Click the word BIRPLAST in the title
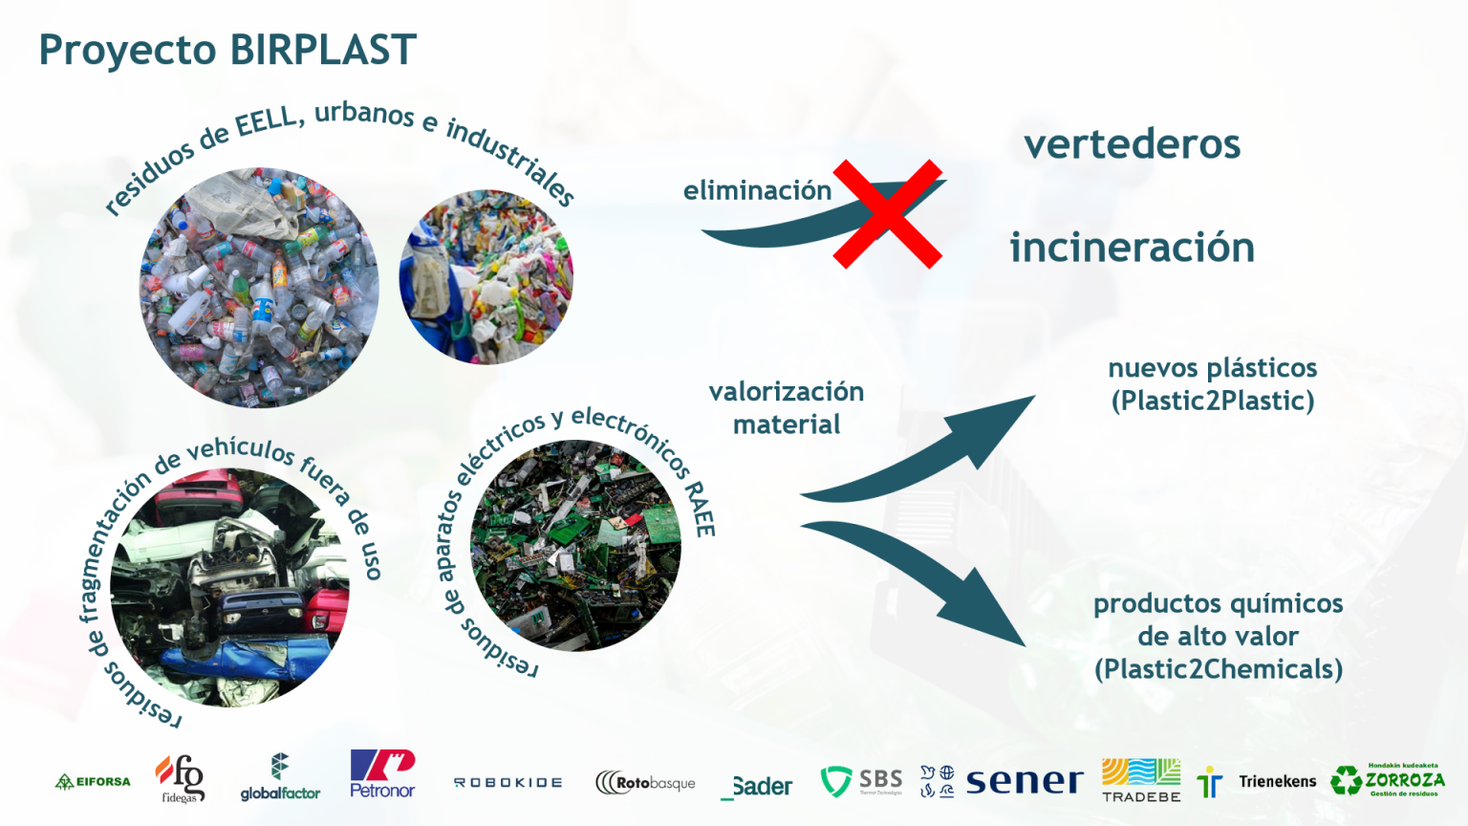[323, 50]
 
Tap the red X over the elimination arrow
[887, 214]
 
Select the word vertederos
[1132, 144]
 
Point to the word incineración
[1132, 248]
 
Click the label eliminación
[757, 190]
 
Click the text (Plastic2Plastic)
[1212, 401]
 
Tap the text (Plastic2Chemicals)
[1218, 669]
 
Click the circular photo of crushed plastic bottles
[259, 288]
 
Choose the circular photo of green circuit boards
[575, 545]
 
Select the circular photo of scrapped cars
[229, 587]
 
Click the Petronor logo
[382, 774]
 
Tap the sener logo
[1024, 781]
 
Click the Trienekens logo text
[1277, 781]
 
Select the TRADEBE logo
[1141, 780]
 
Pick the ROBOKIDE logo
[507, 782]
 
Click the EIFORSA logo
[93, 781]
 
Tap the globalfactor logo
[280, 777]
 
